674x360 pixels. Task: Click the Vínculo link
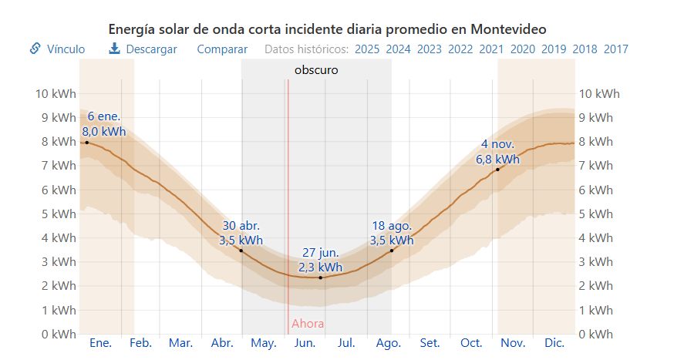[x=58, y=49]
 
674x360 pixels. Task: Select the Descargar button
[x=143, y=49]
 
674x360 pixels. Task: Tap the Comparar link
[x=222, y=49]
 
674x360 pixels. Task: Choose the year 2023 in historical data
[x=429, y=49]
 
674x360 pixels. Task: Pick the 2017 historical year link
[x=616, y=49]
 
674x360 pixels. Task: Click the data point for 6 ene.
[x=86, y=142]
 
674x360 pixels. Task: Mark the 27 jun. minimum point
[x=321, y=278]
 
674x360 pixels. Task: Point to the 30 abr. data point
[x=241, y=251]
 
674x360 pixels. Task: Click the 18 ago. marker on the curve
[x=392, y=251]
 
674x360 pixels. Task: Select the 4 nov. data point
[x=497, y=169]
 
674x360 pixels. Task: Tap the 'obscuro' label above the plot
[x=316, y=70]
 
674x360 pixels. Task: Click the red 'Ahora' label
[x=308, y=324]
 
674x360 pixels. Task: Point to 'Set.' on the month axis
[x=430, y=343]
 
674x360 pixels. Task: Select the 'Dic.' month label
[x=554, y=343]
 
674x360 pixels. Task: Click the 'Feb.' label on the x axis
[x=140, y=343]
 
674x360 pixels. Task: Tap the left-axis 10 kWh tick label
[x=56, y=94]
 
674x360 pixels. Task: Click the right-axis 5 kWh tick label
[x=595, y=214]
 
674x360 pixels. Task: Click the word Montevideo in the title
[x=509, y=29]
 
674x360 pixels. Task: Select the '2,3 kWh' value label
[x=321, y=267]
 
